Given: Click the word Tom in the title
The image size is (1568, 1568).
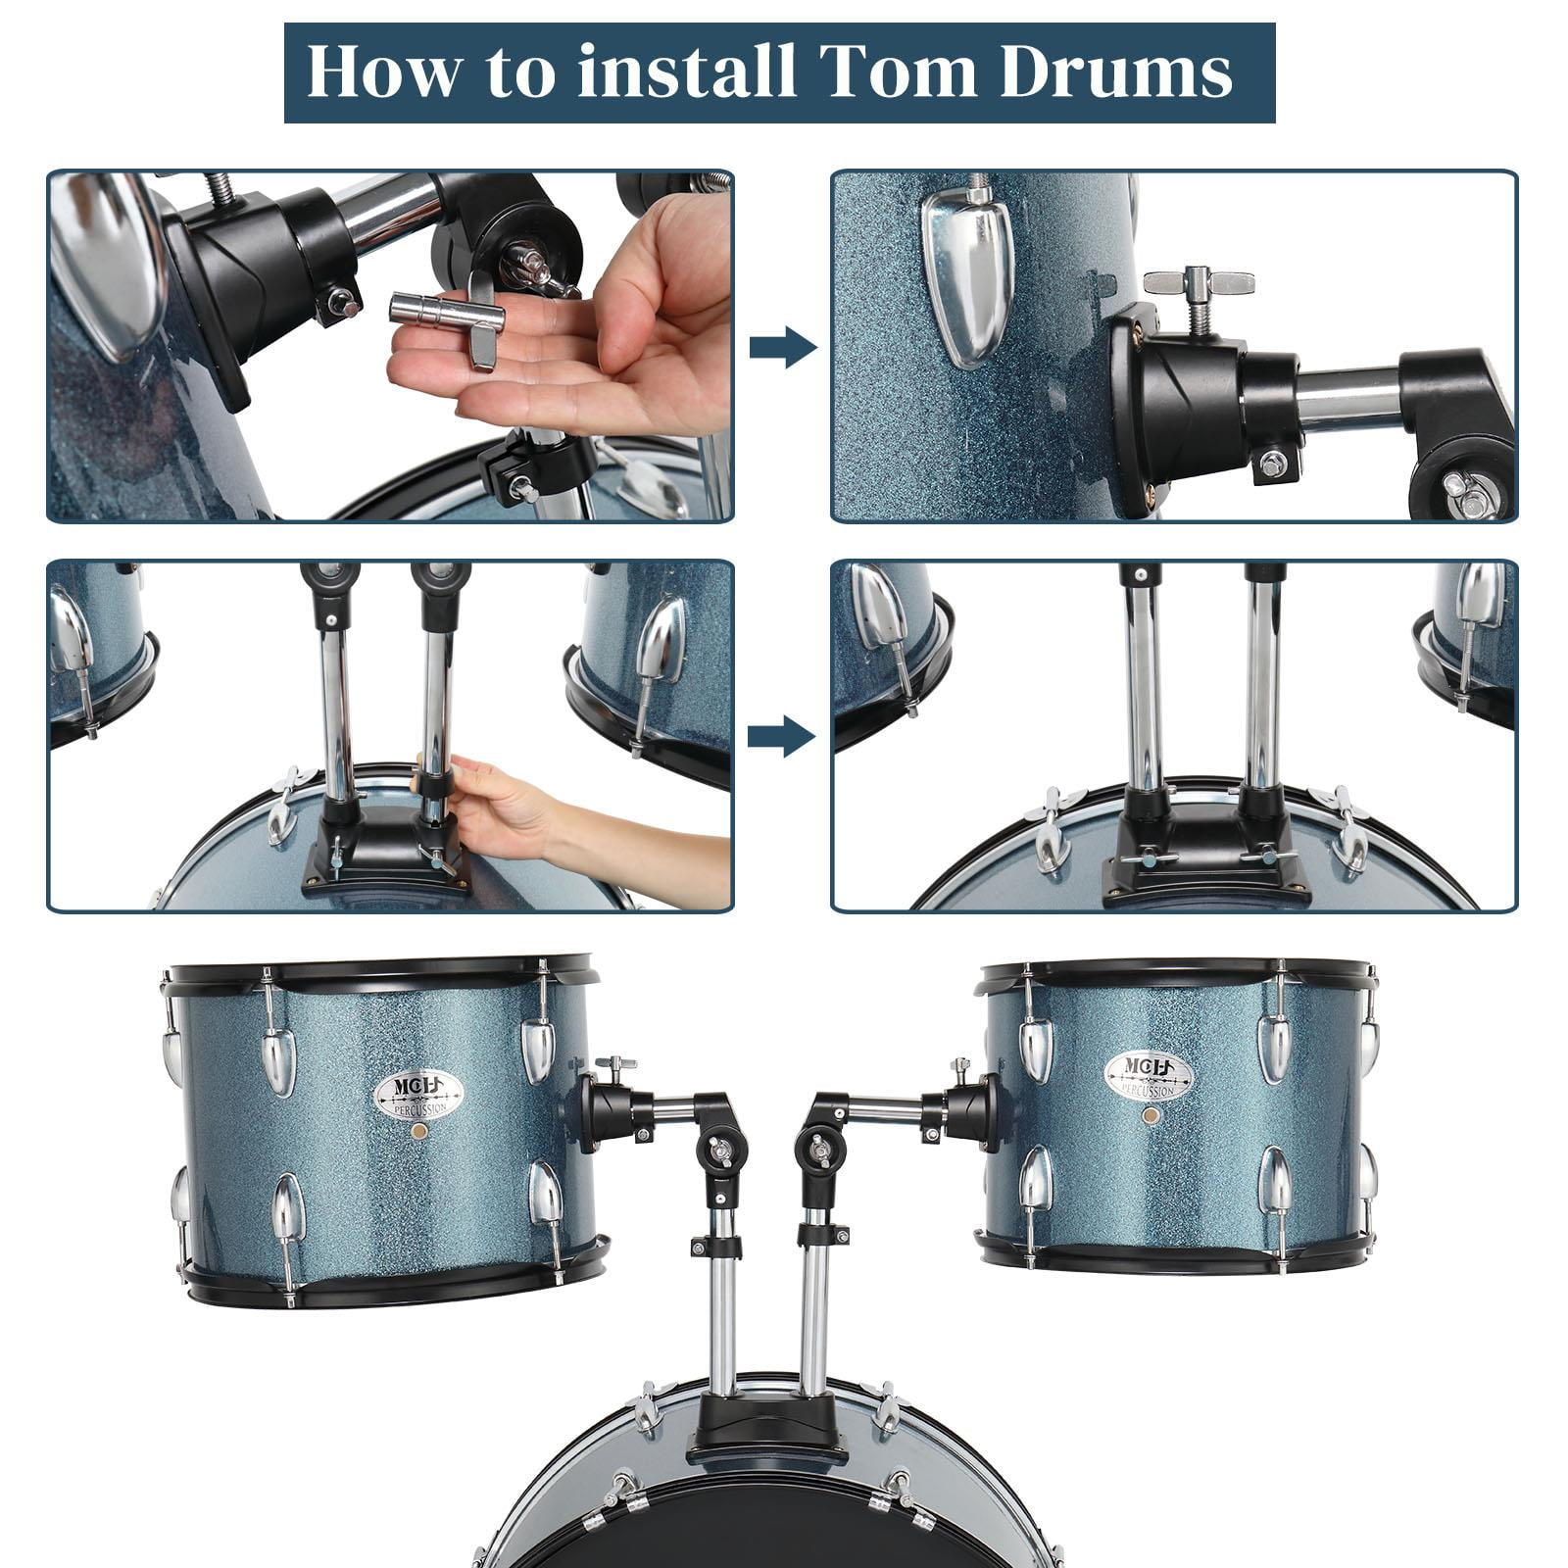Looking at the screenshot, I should (896, 73).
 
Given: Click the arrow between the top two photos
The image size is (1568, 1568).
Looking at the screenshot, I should (782, 347).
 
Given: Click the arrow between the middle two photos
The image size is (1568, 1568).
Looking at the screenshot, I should (780, 736).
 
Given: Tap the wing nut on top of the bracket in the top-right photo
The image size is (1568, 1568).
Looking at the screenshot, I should (1198, 284).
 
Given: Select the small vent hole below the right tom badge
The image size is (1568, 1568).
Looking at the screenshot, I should (1151, 1115).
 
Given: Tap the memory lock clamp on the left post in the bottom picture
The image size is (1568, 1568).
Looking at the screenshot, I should (715, 1248).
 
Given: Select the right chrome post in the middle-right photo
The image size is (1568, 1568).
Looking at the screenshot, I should (1262, 686).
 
